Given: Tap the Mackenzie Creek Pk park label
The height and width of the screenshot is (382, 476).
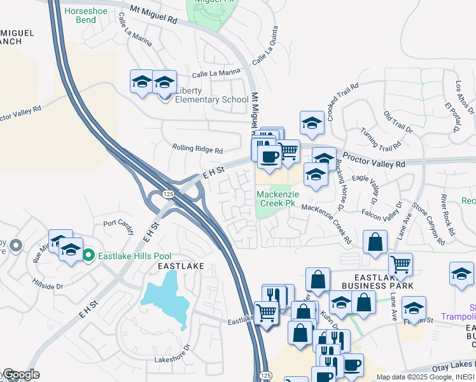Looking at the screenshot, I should point(277,199).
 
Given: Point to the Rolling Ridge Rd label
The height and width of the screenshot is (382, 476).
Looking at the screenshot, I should point(197,150).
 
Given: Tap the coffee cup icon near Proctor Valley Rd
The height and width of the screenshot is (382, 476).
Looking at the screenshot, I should point(269,157).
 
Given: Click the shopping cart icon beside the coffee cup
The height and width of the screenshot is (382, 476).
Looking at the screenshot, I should point(289,152).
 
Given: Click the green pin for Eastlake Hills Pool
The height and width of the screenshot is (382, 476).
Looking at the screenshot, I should point(90,255).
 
